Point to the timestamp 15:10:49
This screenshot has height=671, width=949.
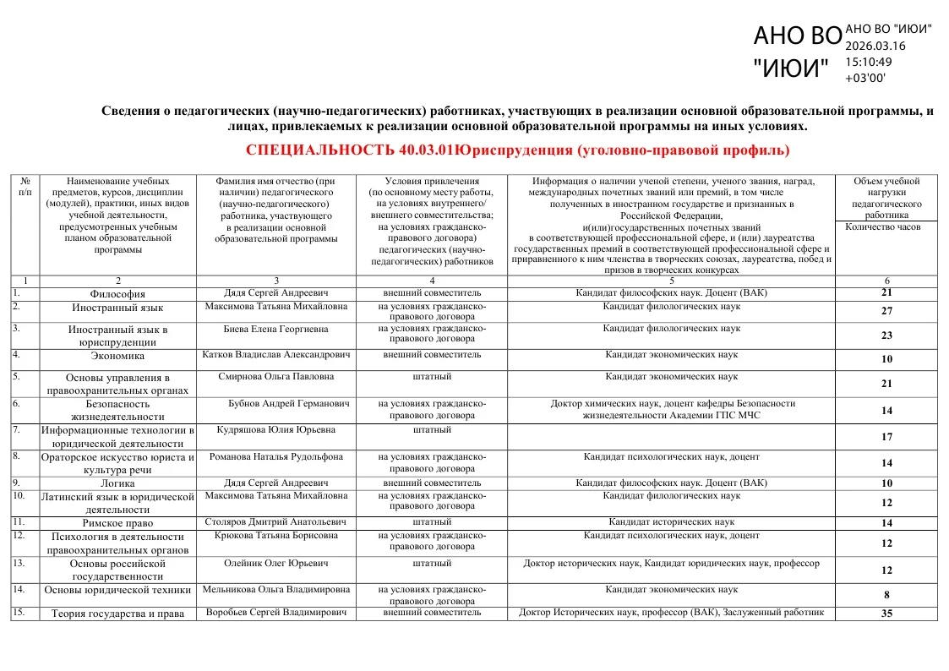click(868, 62)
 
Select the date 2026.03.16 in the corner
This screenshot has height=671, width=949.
click(875, 46)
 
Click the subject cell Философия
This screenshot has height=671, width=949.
click(117, 294)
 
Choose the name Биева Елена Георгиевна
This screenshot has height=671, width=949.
click(275, 329)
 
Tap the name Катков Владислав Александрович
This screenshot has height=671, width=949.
click(275, 355)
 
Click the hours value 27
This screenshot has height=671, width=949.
click(886, 311)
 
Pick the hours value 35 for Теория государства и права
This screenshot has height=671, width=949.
click(886, 614)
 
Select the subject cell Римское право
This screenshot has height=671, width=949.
click(117, 523)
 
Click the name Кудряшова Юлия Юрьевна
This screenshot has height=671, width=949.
click(275, 430)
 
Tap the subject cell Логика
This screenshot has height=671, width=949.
click(117, 484)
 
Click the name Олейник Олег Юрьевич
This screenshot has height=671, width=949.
click(275, 563)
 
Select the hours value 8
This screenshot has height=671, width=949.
click(886, 595)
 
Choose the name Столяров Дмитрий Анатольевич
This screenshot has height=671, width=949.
click(275, 522)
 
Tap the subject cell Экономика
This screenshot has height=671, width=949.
click(117, 356)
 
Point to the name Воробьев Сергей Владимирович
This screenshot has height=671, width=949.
click(275, 613)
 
